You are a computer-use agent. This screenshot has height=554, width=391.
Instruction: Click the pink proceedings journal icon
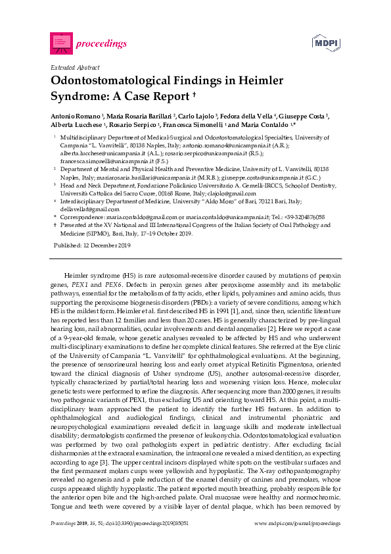61,43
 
